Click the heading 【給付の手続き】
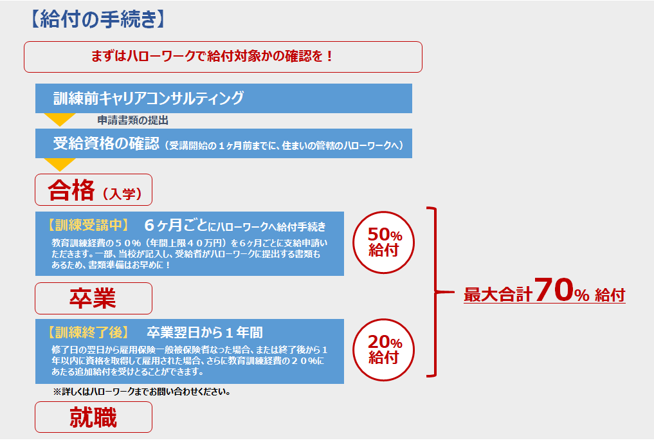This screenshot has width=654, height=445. [x=98, y=19]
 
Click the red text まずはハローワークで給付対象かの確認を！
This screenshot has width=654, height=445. [x=212, y=56]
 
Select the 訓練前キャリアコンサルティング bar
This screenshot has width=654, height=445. [x=224, y=98]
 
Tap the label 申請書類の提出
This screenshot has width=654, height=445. [x=133, y=120]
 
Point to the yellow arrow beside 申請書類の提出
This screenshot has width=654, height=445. [x=60, y=119]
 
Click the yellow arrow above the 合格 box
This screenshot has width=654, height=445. [x=60, y=164]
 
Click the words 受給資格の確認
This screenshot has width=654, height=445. [x=106, y=143]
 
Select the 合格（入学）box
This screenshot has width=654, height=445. [x=93, y=190]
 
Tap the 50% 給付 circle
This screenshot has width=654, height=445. [x=384, y=242]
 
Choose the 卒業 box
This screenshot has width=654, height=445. [x=93, y=298]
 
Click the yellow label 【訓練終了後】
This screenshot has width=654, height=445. [x=89, y=332]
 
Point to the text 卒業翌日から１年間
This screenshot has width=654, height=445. [x=204, y=332]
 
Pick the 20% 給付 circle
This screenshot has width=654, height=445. [x=384, y=350]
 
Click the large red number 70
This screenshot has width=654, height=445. [x=554, y=289]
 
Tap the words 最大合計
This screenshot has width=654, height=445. [x=498, y=295]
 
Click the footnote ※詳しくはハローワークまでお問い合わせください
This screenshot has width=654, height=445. [x=142, y=392]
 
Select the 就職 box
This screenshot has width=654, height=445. [x=93, y=417]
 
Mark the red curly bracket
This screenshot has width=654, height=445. [x=435, y=292]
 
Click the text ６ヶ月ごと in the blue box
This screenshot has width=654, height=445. [x=176, y=225]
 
